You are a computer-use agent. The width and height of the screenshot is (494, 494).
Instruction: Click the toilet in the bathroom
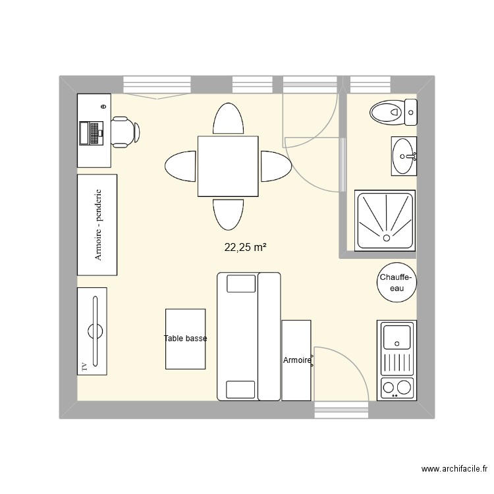click(x=393, y=112)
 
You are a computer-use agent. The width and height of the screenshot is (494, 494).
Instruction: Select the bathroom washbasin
click(x=404, y=156)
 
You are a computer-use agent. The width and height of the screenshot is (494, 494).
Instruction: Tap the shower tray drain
click(x=386, y=238)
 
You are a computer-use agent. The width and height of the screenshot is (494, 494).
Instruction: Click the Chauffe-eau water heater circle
click(x=397, y=283)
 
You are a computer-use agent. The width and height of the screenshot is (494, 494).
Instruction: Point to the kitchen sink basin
click(x=397, y=337)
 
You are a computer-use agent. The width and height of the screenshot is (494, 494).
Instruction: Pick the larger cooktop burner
click(x=404, y=387)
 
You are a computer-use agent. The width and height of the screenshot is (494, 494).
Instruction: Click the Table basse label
click(x=185, y=339)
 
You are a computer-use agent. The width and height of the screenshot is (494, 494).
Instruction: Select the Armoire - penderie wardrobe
click(x=97, y=225)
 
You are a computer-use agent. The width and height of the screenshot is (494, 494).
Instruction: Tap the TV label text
click(x=84, y=366)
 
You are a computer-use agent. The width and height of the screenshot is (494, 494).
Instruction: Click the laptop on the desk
click(x=92, y=133)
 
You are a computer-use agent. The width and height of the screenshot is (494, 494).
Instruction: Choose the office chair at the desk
click(x=124, y=132)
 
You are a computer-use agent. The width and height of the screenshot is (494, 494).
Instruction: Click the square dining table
click(x=228, y=167)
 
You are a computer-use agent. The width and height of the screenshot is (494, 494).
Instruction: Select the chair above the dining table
click(x=228, y=119)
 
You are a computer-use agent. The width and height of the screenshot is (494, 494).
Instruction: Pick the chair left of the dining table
click(x=180, y=167)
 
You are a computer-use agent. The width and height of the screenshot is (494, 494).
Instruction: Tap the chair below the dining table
click(x=228, y=214)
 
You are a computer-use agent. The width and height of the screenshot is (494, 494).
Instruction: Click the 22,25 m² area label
click(x=246, y=248)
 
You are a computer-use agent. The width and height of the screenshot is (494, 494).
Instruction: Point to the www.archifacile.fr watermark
click(x=454, y=469)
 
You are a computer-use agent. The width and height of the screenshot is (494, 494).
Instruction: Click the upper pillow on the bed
click(x=241, y=283)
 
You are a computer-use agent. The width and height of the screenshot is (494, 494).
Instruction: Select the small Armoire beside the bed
click(x=296, y=360)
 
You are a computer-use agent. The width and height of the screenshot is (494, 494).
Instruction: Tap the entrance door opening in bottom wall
click(x=341, y=410)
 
